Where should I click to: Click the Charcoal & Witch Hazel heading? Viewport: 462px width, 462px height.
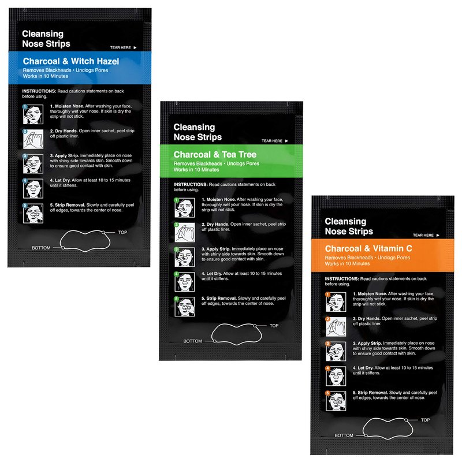(71, 61)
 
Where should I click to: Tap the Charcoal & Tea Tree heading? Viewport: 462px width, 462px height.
(215, 154)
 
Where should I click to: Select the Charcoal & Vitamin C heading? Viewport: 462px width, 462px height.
(368, 248)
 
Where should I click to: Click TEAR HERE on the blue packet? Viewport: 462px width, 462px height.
(120, 47)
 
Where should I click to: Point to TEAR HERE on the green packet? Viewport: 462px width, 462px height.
(271, 141)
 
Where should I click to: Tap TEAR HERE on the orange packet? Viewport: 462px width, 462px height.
(423, 235)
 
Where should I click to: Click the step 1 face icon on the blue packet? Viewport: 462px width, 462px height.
(33, 114)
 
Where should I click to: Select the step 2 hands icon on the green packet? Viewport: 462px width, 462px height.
(185, 233)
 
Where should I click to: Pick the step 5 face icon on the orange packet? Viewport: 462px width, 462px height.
(336, 401)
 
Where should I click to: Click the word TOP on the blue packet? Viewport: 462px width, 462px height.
(122, 233)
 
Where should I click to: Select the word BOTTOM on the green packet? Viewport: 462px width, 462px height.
(193, 341)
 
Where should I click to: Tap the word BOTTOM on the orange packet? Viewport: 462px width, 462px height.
(344, 435)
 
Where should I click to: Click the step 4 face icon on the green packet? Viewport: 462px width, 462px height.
(185, 282)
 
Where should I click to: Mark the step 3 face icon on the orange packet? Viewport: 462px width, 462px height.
(336, 352)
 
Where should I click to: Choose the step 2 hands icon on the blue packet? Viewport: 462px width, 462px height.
(33, 139)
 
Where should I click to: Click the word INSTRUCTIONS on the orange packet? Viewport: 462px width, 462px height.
(342, 279)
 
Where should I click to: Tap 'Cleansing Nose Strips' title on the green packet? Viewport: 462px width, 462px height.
(198, 132)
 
